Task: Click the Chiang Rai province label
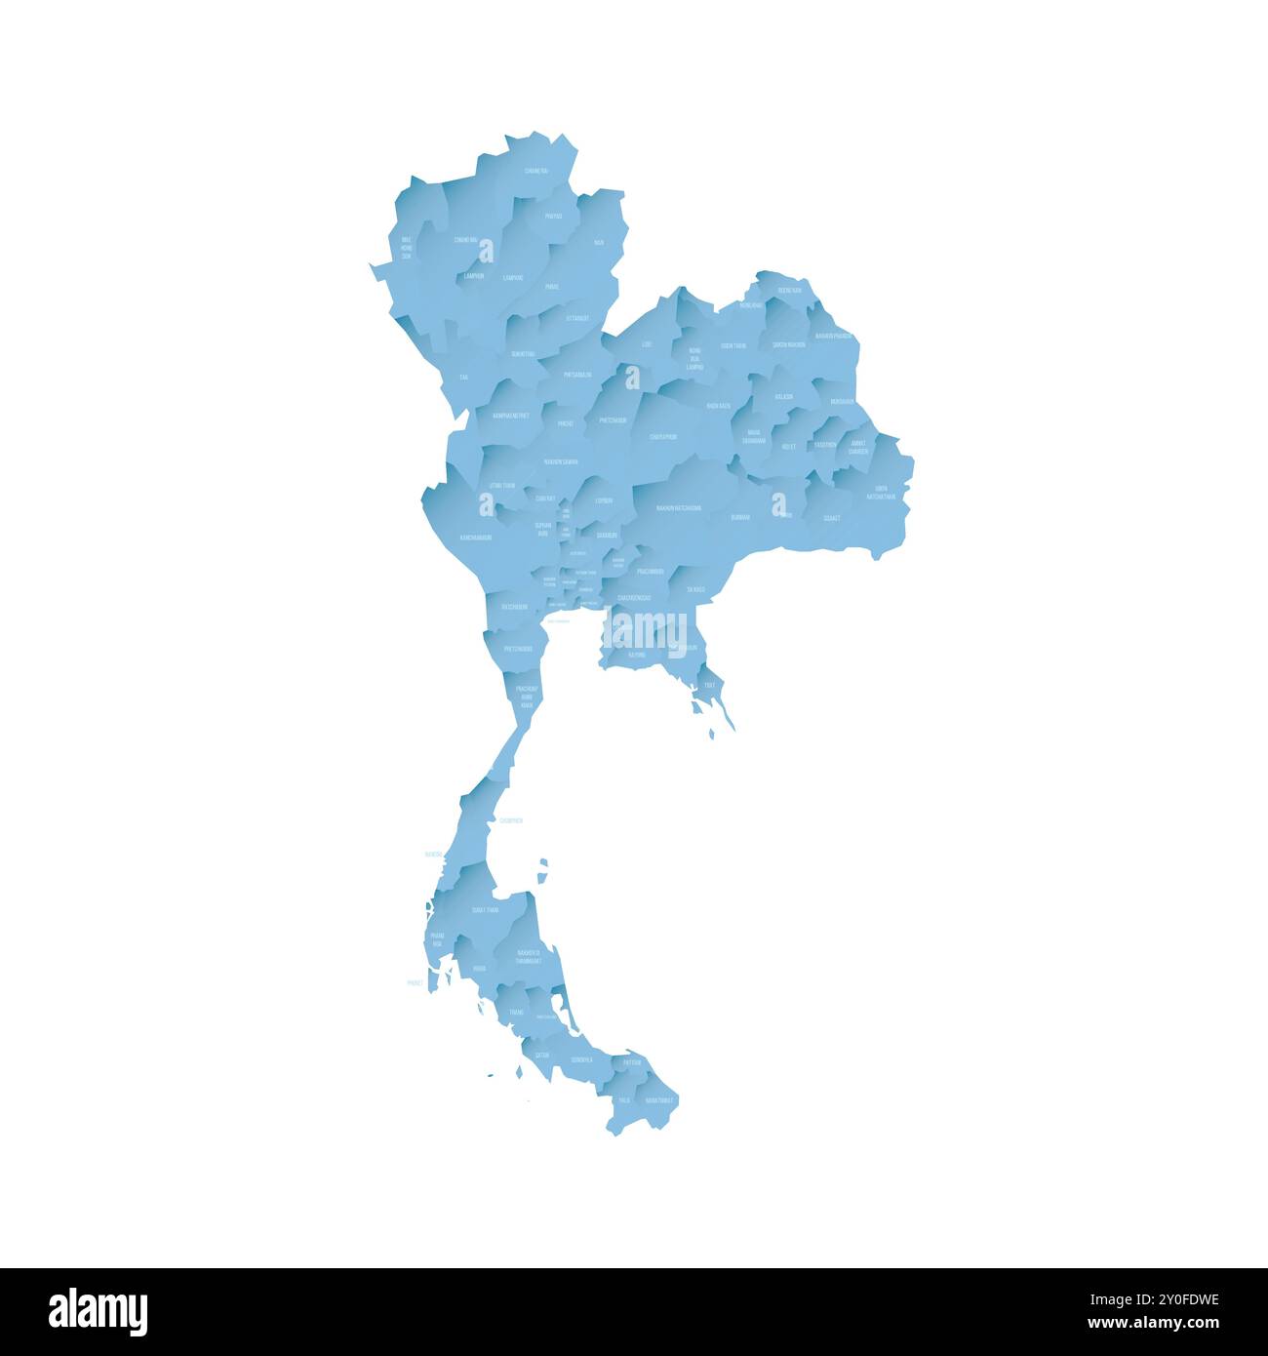535,171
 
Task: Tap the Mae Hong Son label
407,247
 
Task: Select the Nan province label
598,242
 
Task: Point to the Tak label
463,376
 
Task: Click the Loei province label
647,344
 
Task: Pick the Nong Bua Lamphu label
694,358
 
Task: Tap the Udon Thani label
733,345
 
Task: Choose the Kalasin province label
783,396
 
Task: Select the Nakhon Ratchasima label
679,507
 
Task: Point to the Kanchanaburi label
476,537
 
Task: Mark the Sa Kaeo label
695,589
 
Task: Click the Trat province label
709,685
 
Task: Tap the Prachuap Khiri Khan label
526,696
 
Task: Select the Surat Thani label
485,909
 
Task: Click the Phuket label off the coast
416,984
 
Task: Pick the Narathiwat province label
659,1099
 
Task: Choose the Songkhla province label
582,1058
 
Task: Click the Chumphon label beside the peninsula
510,820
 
